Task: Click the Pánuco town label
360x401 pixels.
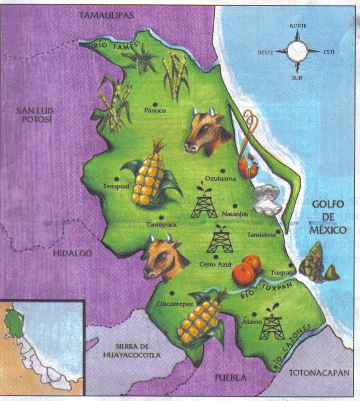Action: [154, 110]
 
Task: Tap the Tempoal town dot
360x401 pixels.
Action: [117, 178]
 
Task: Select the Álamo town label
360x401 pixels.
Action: [250, 322]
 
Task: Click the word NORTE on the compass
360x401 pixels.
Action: [298, 25]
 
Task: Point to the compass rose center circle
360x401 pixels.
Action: [297, 50]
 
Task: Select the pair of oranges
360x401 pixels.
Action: [246, 269]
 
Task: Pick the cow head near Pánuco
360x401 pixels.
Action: [206, 131]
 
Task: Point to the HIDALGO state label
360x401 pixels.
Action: [73, 254]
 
